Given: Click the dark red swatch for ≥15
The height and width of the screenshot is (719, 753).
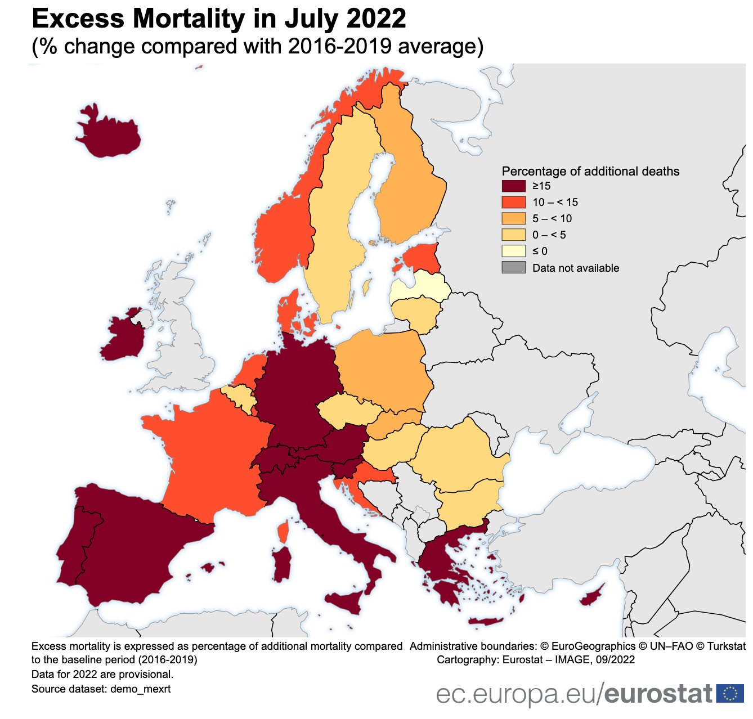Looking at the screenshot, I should [513, 186].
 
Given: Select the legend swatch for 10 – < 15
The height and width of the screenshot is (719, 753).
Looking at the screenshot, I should [513, 203].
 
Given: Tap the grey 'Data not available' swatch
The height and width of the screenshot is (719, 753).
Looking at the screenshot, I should [513, 268].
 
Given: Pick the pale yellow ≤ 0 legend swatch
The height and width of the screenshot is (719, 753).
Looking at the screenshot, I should [513, 251].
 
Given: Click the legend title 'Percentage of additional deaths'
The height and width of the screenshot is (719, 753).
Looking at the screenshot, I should [590, 171].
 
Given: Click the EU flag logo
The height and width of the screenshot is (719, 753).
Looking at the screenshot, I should [730, 693].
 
